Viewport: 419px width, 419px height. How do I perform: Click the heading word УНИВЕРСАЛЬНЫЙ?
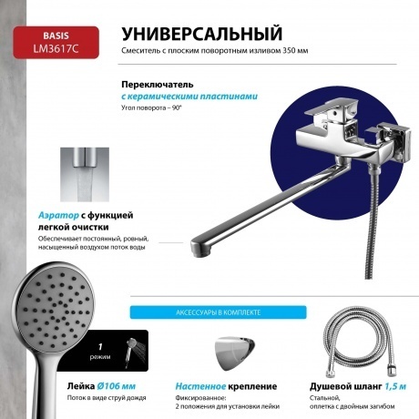click(200, 34)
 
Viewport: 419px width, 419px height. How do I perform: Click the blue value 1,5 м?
click(394, 385)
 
